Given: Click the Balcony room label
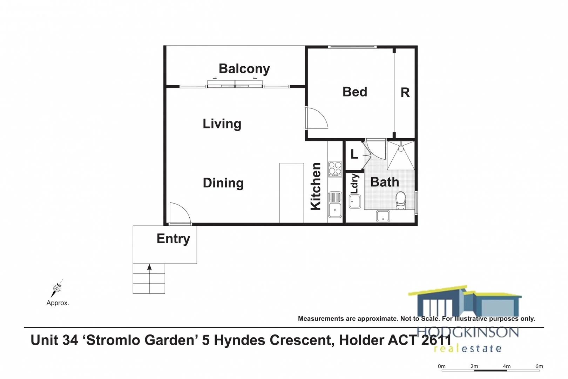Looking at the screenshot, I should (x=244, y=69).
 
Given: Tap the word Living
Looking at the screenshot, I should (x=222, y=124).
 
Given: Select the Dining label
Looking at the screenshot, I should (x=223, y=183).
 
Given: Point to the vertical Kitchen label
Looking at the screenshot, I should (x=316, y=186).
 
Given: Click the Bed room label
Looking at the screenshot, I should (x=355, y=92).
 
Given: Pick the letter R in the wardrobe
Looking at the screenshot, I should (x=405, y=93).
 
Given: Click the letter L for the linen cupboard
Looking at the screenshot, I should (x=354, y=154).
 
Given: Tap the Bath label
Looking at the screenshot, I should (x=385, y=182).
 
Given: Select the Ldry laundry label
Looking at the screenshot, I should (x=354, y=184).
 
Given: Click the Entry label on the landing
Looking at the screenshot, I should (x=173, y=239).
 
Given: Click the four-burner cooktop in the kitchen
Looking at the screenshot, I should (x=335, y=169).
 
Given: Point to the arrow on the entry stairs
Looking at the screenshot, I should (x=149, y=268).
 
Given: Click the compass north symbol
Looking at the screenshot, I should (x=56, y=288).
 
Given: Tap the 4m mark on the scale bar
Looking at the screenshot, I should (x=506, y=366).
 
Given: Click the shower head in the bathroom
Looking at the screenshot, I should (x=401, y=149).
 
